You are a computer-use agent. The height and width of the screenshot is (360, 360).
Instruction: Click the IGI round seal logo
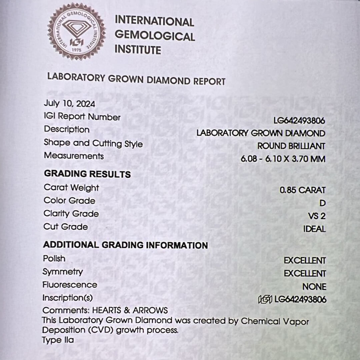tap(77, 31)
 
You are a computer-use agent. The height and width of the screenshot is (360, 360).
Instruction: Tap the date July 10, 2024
tap(69, 104)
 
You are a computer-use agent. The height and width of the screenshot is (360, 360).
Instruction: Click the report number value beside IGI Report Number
tap(299, 120)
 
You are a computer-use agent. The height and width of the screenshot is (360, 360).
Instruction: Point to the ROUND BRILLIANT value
tap(291, 146)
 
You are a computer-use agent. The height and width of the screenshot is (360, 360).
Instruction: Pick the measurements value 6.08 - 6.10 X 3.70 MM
tap(283, 159)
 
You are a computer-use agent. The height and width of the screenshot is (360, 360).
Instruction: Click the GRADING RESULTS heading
tap(87, 174)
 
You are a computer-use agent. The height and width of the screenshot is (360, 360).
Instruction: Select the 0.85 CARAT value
tap(302, 190)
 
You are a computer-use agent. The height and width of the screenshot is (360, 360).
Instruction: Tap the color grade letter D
tap(322, 203)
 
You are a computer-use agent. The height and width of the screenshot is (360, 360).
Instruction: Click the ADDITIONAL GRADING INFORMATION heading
tap(125, 245)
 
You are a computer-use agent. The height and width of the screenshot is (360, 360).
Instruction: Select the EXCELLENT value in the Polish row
tap(305, 261)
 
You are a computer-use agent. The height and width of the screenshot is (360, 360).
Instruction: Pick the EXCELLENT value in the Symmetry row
tap(305, 274)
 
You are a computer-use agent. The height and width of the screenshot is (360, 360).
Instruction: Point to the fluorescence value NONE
tap(314, 287)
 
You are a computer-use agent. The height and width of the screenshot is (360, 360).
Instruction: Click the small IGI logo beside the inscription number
tap(265, 300)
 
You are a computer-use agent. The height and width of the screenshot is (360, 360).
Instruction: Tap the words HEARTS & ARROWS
tap(130, 310)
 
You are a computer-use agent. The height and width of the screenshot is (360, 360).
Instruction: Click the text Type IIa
tap(58, 340)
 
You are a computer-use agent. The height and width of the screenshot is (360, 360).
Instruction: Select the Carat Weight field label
tap(71, 188)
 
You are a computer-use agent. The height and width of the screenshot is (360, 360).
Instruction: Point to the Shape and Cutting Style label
tap(93, 143)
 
